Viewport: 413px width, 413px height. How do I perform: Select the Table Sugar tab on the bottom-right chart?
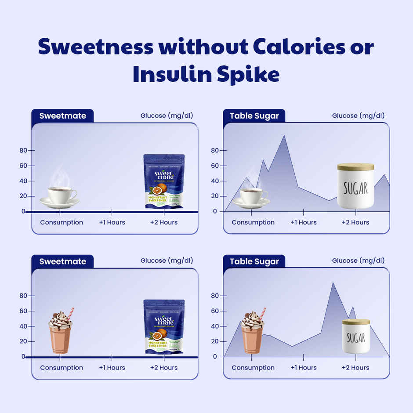254,261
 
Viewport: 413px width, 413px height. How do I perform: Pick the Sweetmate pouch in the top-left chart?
163,181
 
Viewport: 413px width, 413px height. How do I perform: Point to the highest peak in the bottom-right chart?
333,283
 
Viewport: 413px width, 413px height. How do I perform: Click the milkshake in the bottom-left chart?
60,332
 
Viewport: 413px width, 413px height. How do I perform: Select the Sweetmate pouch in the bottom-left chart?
163,327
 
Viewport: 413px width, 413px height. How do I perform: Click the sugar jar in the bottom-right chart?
356,336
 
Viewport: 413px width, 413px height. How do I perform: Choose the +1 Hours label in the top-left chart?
112,222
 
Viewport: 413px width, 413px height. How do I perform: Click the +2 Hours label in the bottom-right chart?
355,368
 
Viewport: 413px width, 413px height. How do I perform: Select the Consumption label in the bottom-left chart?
62,368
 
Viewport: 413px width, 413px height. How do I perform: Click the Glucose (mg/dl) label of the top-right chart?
358,116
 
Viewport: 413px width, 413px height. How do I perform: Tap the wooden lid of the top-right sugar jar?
355,167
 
